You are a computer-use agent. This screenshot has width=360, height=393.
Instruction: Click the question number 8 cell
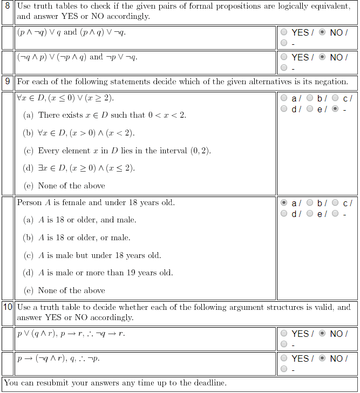pos(8,6)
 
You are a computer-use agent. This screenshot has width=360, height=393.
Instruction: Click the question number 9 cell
pos(8,82)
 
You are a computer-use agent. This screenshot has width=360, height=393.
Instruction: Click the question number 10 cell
pos(8,307)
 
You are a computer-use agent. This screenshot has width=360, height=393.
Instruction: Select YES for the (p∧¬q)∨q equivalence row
pos(284,32)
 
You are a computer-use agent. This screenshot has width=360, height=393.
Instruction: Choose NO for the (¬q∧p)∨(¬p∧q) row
pos(323,57)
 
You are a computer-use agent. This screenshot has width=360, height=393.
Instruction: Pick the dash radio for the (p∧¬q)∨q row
pos(284,43)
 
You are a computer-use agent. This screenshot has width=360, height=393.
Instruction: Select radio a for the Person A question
pos(284,204)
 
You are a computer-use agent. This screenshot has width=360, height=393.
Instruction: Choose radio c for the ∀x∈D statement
pos(336,98)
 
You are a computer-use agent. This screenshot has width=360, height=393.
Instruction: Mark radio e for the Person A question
pos(310,214)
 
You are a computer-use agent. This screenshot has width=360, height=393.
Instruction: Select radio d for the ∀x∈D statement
pos(284,109)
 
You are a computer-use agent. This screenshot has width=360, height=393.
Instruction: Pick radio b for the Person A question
pos(310,204)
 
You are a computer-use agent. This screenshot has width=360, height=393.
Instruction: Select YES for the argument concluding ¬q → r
pos(284,334)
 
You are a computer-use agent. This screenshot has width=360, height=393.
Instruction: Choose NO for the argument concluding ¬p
pos(323,358)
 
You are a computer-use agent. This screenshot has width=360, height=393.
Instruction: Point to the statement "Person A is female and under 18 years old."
pos(96,203)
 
